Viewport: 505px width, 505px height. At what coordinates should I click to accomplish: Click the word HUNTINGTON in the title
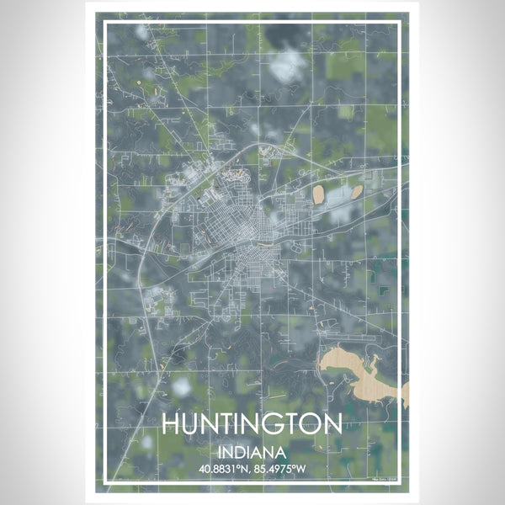point(252,423)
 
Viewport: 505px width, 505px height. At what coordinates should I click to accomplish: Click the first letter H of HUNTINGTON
point(171,423)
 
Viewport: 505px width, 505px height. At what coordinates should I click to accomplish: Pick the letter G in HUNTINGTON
point(273,423)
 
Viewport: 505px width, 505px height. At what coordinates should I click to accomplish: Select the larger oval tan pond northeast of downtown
point(322,195)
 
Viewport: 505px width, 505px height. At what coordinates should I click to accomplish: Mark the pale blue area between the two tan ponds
point(339,199)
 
